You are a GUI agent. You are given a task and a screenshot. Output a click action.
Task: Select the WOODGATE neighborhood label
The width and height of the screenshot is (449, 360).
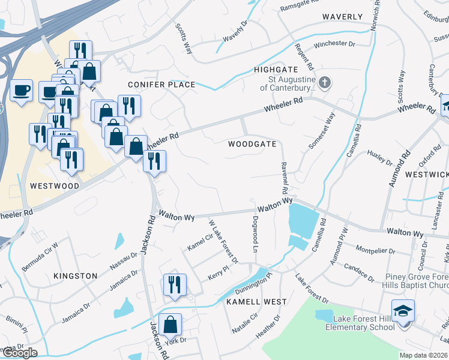[x=252, y=144]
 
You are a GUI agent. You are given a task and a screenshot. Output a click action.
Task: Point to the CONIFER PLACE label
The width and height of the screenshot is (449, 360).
[x=161, y=85]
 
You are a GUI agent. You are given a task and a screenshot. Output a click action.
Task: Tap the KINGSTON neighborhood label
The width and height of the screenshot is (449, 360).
[x=75, y=276]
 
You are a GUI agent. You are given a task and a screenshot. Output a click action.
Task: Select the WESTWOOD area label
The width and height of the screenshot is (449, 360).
[x=54, y=186]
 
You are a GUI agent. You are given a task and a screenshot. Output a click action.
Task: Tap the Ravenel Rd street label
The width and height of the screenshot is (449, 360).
[x=283, y=177]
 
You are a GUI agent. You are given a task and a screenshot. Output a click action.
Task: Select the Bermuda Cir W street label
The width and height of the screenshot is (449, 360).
[x=40, y=257]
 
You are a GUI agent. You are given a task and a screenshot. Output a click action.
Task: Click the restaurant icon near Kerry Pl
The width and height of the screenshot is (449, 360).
[x=175, y=284]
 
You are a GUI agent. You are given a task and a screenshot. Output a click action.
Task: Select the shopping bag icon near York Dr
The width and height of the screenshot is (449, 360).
[x=170, y=324]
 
